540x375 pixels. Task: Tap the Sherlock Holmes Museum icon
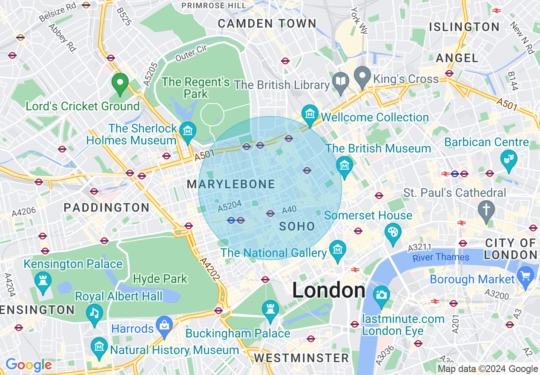point(187,131)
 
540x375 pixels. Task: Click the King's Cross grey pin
point(362,77)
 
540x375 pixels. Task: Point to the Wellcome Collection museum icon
point(310,114)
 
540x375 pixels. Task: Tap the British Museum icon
point(344,165)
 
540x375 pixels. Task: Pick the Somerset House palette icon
point(393,233)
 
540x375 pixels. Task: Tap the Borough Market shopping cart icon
point(526,276)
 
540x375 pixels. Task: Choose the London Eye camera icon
point(381,295)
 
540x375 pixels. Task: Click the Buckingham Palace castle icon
point(270,309)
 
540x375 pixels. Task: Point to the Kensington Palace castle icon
point(43,281)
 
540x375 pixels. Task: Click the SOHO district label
point(297,226)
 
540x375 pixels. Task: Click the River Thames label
point(441,257)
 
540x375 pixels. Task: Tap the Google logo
point(29,365)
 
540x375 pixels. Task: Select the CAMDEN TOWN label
point(267,24)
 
